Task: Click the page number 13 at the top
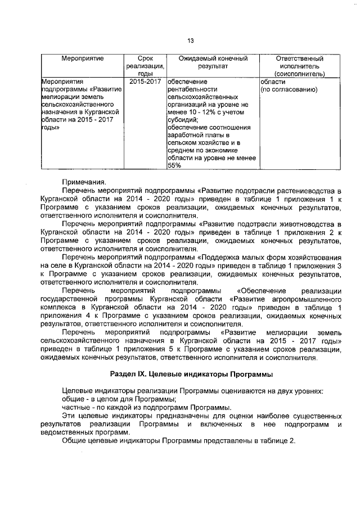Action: click(190, 40)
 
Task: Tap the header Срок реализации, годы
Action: click(145, 66)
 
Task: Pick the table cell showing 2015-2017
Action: click(145, 82)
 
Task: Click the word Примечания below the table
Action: click(83, 181)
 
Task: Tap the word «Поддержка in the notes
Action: click(220, 257)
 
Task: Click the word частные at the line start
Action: click(76, 407)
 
